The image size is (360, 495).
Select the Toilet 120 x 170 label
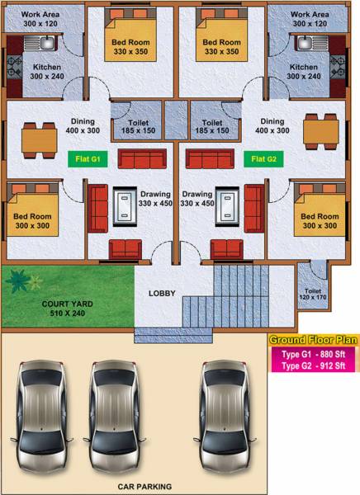coord(313,295)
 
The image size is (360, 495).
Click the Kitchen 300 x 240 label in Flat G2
coord(303,72)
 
